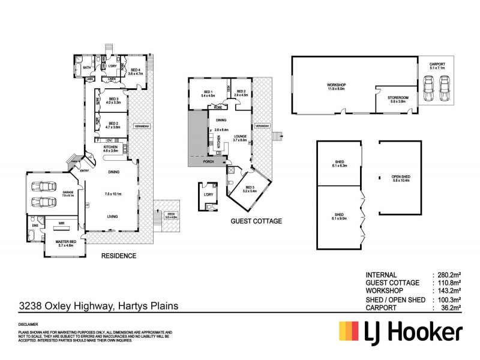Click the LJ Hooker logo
click(x=400, y=331)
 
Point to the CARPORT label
click(x=436, y=66)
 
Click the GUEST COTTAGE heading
click(x=256, y=221)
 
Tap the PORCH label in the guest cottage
click(x=209, y=161)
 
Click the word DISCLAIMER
click(x=30, y=324)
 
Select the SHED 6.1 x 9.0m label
click(x=339, y=215)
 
